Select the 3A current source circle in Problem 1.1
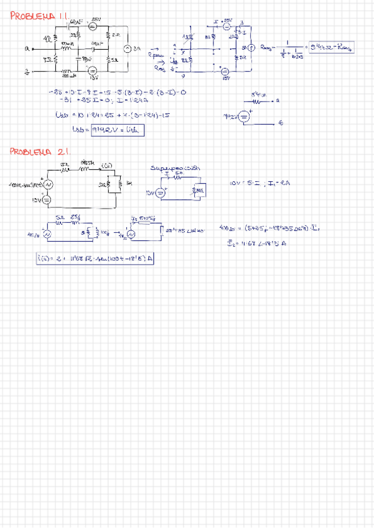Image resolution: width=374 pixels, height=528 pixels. [x=126, y=49]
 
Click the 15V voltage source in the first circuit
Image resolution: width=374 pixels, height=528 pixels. [x=91, y=72]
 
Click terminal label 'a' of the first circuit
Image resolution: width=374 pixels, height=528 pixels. [x=27, y=47]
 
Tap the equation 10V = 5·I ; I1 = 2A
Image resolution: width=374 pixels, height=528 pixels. [x=260, y=183]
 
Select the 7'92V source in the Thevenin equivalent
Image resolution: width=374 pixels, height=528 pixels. [x=245, y=116]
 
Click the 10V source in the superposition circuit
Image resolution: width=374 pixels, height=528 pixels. [x=161, y=193]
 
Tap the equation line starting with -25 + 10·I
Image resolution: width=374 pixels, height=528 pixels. [x=118, y=92]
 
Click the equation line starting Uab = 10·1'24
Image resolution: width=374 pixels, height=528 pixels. [x=112, y=114]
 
